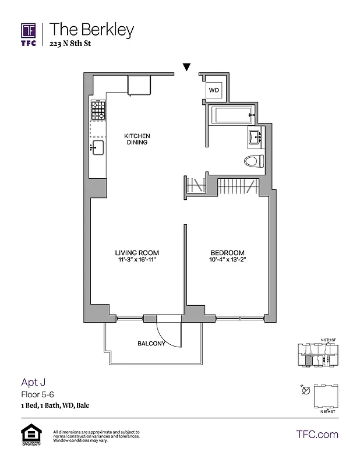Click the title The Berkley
(x=91, y=30)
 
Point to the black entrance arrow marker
(x=186, y=68)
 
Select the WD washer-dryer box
(x=214, y=90)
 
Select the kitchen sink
(x=97, y=147)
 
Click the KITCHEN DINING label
(x=137, y=139)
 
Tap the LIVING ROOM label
(x=137, y=253)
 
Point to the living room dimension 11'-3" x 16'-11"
(x=137, y=260)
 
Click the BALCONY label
(x=151, y=344)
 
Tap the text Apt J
(x=33, y=382)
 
